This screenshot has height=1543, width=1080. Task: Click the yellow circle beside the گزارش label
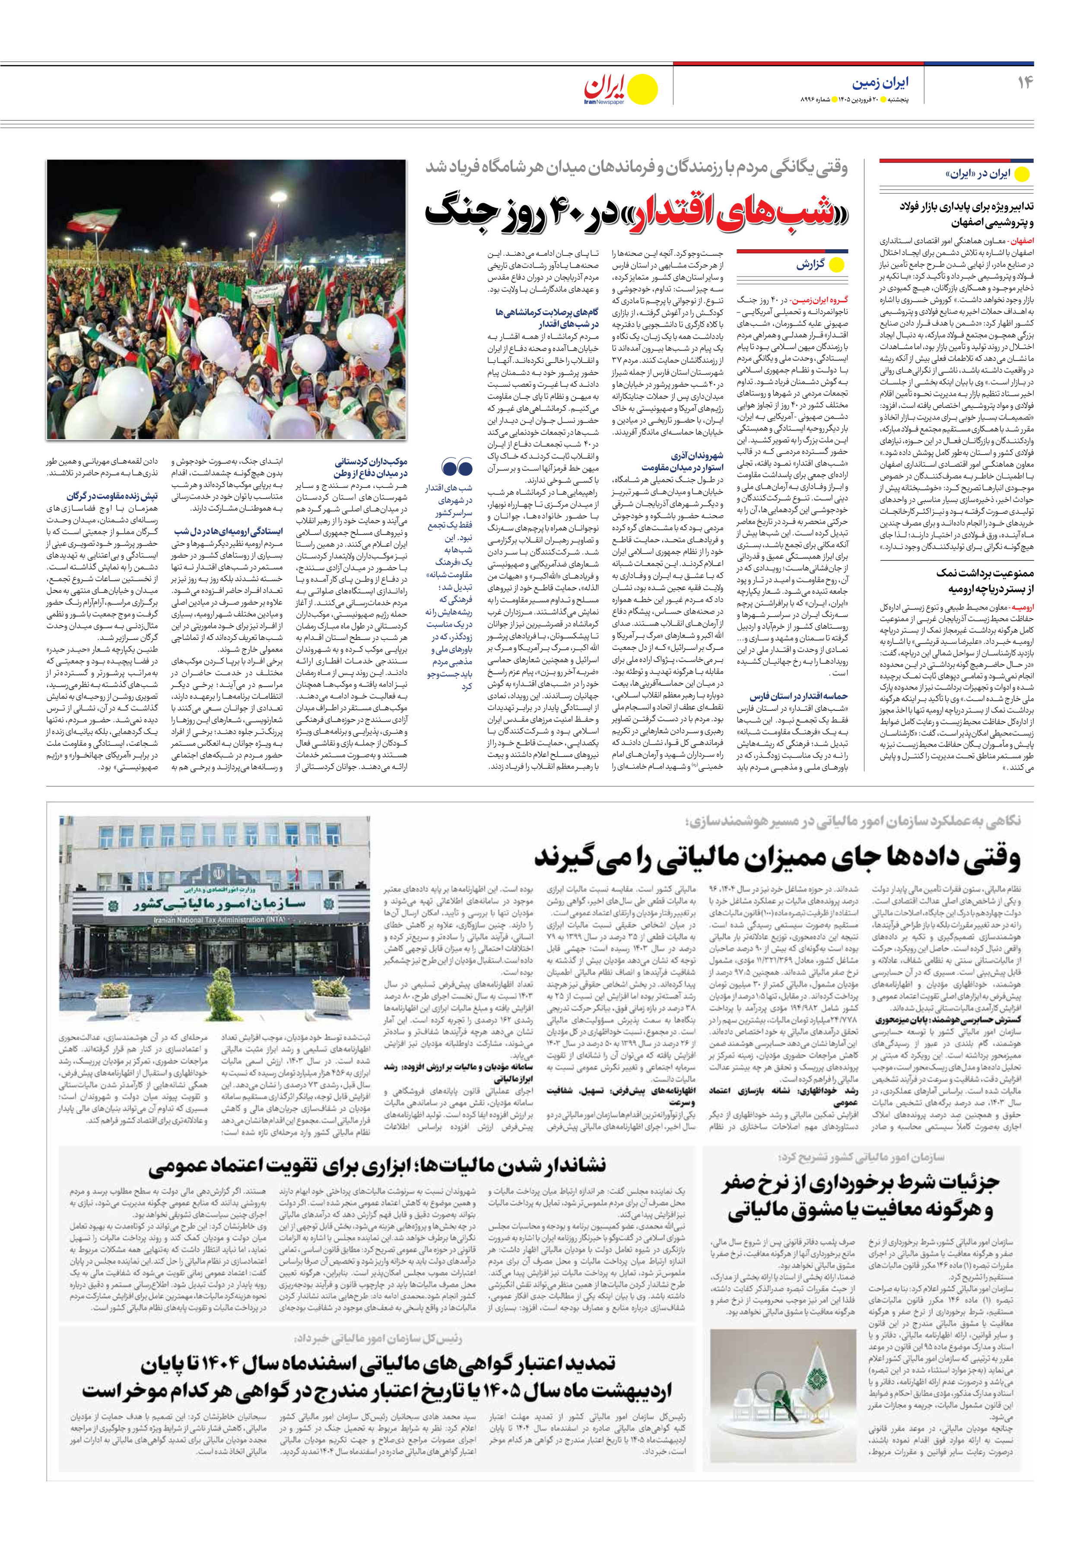[x=837, y=265]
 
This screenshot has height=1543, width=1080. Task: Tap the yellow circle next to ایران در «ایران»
[x=1022, y=174]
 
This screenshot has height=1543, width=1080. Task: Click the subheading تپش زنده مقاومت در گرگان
[x=112, y=496]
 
